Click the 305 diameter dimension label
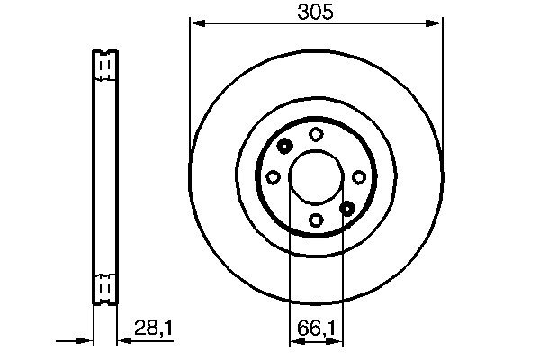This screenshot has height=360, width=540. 316,11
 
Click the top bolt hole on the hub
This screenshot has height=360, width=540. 316,134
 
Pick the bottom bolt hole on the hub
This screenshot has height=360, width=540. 316,219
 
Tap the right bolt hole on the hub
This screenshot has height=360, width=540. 358,176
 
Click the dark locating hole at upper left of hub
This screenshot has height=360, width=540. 284,146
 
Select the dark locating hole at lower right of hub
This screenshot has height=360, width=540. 347,208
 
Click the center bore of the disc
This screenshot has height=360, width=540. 316,176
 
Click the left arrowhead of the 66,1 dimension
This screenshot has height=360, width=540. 293,341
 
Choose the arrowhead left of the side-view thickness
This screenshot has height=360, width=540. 87,341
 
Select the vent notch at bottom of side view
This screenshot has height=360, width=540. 104,287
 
